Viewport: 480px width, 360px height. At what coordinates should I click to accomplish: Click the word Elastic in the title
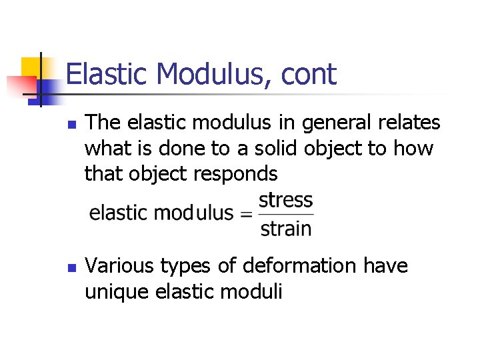105,74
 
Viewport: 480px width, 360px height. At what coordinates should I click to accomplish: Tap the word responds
235,173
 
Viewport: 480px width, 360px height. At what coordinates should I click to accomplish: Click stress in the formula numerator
285,199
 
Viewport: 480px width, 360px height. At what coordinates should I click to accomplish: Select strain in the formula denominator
285,229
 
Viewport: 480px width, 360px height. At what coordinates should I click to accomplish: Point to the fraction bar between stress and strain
285,214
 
